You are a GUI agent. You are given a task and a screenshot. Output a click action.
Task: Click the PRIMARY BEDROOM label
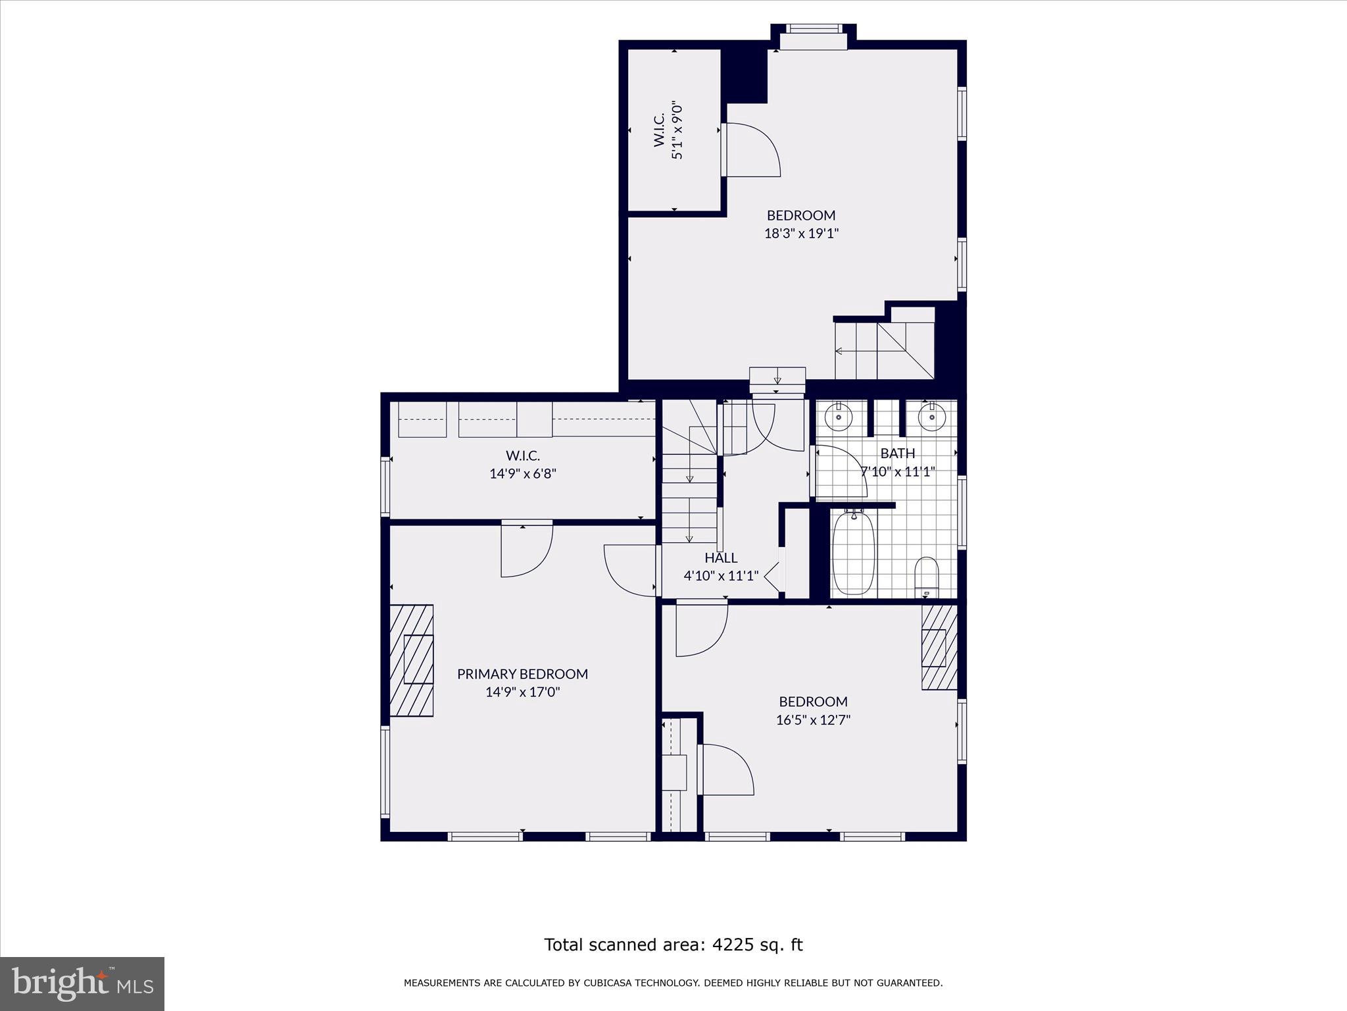click(522, 674)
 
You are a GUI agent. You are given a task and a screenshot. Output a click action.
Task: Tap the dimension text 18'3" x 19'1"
click(801, 234)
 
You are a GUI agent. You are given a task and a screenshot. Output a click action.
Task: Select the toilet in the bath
click(926, 575)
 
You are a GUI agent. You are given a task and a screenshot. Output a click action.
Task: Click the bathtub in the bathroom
click(853, 553)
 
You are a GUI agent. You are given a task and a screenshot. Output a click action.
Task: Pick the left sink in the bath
click(839, 417)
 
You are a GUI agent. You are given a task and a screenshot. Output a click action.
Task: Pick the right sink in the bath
click(931, 417)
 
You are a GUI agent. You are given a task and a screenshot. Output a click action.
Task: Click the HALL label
click(721, 558)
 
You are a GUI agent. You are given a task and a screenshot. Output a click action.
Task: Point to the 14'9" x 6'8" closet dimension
click(523, 473)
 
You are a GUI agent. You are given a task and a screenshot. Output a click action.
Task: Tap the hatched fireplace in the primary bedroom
click(412, 660)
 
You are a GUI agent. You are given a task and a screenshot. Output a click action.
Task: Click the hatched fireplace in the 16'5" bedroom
click(939, 646)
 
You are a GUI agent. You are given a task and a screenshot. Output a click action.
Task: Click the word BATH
click(897, 454)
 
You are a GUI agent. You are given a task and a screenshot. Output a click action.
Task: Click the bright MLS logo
click(82, 984)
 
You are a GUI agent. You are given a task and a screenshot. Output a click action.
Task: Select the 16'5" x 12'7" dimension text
click(813, 720)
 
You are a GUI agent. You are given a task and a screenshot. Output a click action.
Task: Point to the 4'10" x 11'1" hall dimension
click(721, 576)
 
